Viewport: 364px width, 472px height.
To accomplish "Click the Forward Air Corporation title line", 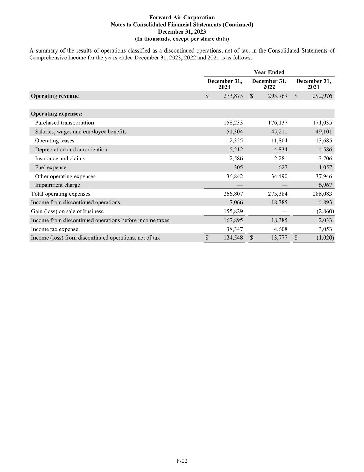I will (182, 17).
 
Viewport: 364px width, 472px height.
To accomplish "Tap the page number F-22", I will (182, 461).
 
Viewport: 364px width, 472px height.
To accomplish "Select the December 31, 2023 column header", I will (225, 84).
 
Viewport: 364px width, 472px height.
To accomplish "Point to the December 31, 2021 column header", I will (314, 84).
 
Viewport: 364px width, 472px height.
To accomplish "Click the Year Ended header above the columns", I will (269, 72).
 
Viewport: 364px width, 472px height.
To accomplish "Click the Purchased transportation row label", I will (64, 123).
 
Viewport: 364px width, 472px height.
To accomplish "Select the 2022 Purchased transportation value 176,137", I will (277, 123).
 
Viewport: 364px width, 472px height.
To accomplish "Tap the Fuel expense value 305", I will (238, 167).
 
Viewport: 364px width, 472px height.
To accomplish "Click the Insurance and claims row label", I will (60, 158).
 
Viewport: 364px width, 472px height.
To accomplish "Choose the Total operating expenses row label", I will (60, 194).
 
